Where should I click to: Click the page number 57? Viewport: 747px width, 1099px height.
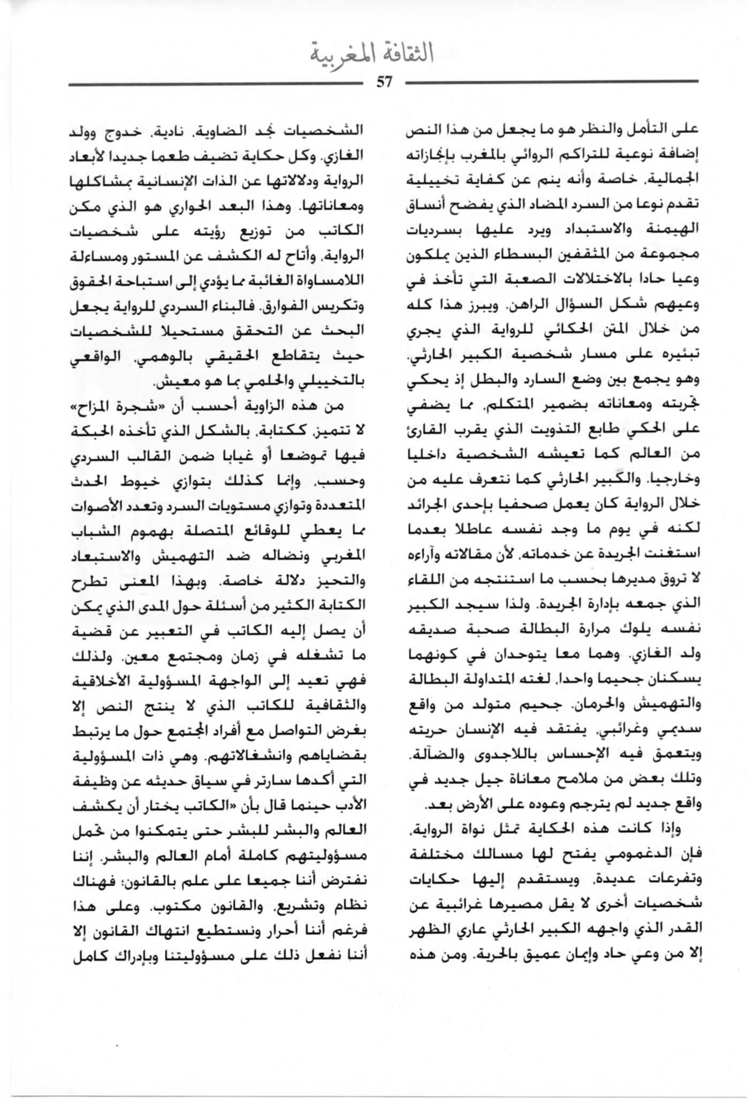pos(384,82)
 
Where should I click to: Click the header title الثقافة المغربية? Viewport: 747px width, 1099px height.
pos(372,55)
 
